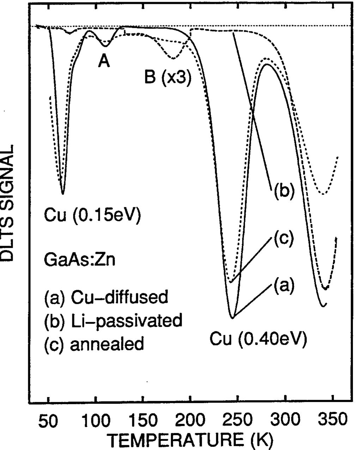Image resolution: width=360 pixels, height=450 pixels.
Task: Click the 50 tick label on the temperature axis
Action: click(x=48, y=421)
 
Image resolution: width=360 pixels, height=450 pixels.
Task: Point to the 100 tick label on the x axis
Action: click(x=95, y=421)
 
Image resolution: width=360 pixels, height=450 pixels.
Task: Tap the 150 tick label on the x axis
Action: click(x=142, y=421)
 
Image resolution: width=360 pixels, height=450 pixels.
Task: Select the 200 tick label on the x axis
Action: click(x=190, y=421)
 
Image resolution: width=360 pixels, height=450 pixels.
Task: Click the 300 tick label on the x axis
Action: click(x=285, y=421)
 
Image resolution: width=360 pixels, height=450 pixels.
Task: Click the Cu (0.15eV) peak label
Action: click(x=92, y=215)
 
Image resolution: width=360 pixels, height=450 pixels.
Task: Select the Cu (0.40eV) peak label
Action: click(x=258, y=339)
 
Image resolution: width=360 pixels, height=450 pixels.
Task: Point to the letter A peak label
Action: click(x=104, y=62)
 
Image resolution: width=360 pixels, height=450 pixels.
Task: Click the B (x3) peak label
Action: click(x=168, y=78)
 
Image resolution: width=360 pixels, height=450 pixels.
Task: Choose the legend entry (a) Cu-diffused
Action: click(x=106, y=297)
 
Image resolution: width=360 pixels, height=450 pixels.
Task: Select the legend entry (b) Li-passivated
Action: click(x=113, y=320)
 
